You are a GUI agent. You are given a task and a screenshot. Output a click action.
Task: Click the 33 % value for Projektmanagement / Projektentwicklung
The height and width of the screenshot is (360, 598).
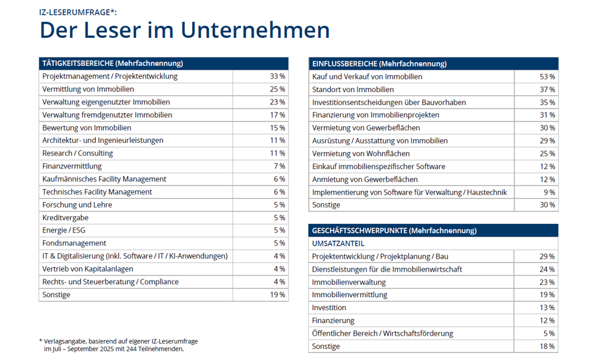click(x=278, y=76)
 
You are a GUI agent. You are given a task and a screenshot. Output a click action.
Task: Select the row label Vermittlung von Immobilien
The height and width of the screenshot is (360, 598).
click(x=88, y=89)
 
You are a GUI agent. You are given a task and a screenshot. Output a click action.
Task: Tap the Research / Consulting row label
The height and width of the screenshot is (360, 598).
click(x=77, y=153)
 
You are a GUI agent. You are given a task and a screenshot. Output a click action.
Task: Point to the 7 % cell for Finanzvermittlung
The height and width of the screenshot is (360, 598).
click(x=279, y=166)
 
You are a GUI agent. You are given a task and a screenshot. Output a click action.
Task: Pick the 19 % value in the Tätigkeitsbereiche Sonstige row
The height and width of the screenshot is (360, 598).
click(x=278, y=295)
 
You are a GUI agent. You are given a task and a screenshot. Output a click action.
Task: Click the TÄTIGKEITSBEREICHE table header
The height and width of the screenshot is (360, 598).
click(x=113, y=63)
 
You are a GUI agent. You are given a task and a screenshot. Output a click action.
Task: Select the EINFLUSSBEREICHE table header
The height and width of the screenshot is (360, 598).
click(x=379, y=63)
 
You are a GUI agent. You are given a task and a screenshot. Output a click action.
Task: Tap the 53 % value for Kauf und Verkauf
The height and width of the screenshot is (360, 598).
click(x=547, y=76)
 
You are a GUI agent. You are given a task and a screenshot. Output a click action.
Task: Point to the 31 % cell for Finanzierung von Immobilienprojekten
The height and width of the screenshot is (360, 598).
click(x=547, y=115)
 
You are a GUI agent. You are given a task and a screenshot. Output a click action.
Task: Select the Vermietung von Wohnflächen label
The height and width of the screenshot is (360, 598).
click(x=361, y=153)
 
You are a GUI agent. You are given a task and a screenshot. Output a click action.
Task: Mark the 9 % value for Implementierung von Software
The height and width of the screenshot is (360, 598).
click(x=549, y=192)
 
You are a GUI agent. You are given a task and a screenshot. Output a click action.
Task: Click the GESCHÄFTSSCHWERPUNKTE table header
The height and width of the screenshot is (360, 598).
click(x=394, y=231)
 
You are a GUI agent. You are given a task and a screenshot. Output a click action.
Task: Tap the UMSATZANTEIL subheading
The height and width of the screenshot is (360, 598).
click(x=338, y=243)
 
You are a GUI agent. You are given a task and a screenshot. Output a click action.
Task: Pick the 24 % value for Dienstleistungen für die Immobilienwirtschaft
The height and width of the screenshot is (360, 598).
click(x=547, y=269)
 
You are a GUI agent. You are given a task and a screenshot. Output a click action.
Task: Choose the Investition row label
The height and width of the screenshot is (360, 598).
click(x=329, y=308)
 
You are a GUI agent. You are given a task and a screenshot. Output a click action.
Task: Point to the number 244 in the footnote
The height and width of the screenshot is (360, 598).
click(x=129, y=349)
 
